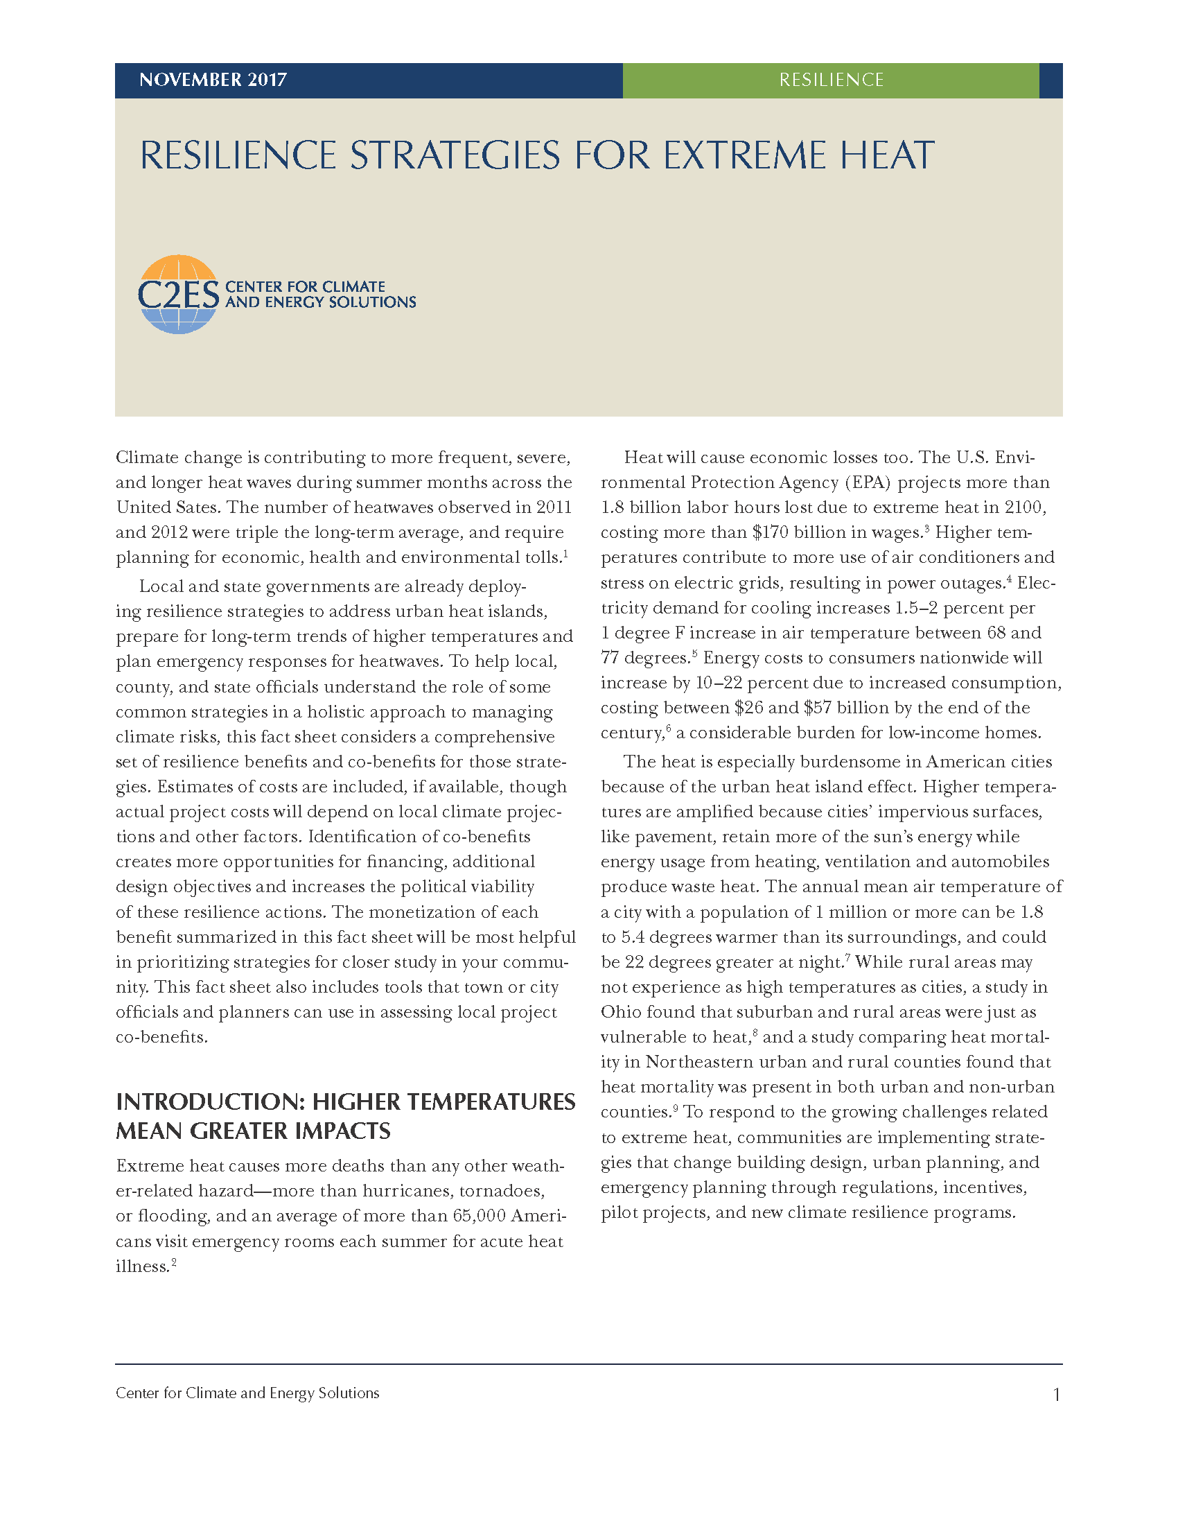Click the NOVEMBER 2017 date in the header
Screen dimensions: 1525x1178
click(213, 80)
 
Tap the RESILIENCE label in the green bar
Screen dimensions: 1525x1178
click(831, 80)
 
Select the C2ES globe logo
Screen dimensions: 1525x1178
click(179, 294)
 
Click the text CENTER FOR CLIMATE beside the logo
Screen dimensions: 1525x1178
click(305, 286)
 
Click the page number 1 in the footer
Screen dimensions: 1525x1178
click(1057, 1395)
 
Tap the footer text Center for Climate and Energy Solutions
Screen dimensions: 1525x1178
click(248, 1393)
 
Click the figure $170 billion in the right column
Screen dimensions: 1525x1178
click(796, 533)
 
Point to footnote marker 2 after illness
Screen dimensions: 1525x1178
click(174, 1262)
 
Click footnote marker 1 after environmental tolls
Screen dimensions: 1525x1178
click(565, 554)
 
